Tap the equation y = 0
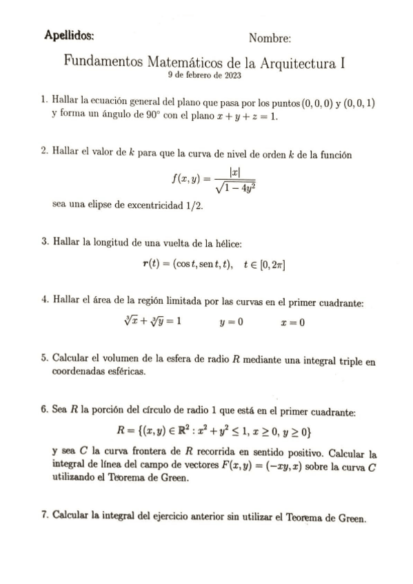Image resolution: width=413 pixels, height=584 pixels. click(x=231, y=321)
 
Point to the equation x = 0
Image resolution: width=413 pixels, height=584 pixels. click(x=293, y=321)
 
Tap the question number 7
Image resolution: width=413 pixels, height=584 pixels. click(x=45, y=516)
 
